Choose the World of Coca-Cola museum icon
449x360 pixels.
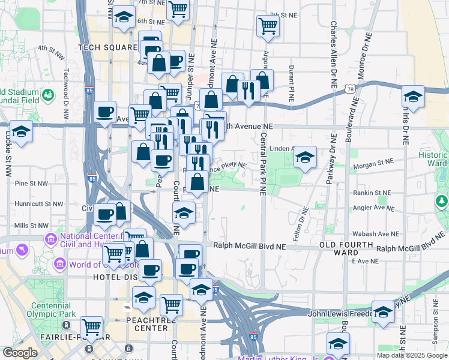(x=60, y=264)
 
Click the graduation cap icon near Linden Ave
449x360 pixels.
(x=305, y=158)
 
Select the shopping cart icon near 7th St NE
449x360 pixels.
(x=267, y=26)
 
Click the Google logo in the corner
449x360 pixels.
(x=20, y=353)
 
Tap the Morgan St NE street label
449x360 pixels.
(x=373, y=162)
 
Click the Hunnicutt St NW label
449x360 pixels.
(x=41, y=204)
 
